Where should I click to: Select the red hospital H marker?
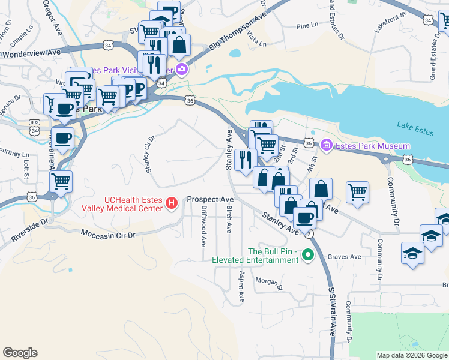(x=172, y=204)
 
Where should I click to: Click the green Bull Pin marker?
(x=309, y=255)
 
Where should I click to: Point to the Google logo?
(x=20, y=353)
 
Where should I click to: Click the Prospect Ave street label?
(x=210, y=199)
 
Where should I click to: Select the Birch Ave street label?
(x=229, y=220)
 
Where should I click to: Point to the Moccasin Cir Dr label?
(x=109, y=233)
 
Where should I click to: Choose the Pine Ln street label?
(x=307, y=26)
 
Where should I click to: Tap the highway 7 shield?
(x=308, y=232)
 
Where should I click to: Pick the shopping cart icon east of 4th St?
(x=357, y=192)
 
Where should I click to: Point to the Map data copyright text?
(x=411, y=355)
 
